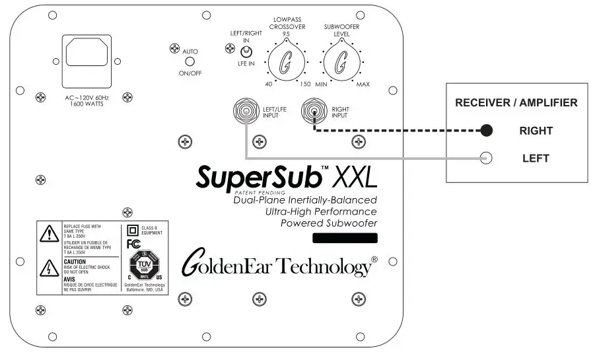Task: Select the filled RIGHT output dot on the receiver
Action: pos(487,130)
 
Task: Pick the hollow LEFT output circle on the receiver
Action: pos(487,158)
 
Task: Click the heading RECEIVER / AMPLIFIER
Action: pos(517,103)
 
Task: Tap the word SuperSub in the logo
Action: pos(258,177)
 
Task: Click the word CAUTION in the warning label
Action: pos(75,262)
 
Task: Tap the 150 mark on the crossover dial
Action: pos(304,85)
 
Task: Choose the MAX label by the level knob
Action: pos(363,85)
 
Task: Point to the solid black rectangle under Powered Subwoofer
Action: pos(344,238)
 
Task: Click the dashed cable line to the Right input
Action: pos(396,130)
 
